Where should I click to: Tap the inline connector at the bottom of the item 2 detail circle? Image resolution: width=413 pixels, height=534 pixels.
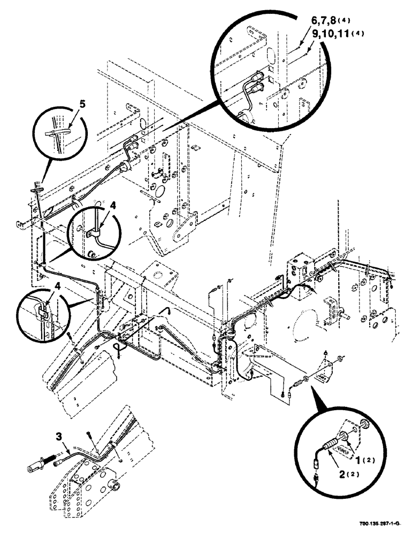click(x=317, y=472)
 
